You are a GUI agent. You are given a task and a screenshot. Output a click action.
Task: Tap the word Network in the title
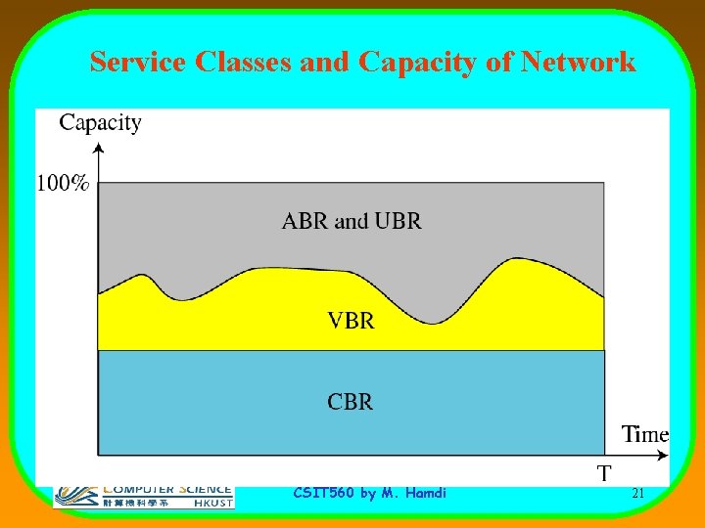click(x=579, y=63)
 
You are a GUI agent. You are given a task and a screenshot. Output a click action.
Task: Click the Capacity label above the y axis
click(x=100, y=122)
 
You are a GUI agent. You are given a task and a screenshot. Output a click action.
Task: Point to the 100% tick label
click(x=64, y=182)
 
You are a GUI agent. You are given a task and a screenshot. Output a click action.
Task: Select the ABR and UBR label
click(x=352, y=221)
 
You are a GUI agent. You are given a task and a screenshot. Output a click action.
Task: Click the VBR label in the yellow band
click(x=351, y=320)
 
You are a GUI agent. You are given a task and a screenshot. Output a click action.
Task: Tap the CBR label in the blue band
click(x=351, y=402)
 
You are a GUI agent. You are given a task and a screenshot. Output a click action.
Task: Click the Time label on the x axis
click(x=645, y=434)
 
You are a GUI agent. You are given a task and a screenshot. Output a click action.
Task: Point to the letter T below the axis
click(x=605, y=474)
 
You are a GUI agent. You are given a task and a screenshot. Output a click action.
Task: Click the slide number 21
click(x=637, y=494)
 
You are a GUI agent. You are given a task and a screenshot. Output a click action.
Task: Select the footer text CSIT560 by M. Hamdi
click(x=369, y=494)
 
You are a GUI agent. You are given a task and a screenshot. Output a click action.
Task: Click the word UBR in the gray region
click(x=398, y=221)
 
